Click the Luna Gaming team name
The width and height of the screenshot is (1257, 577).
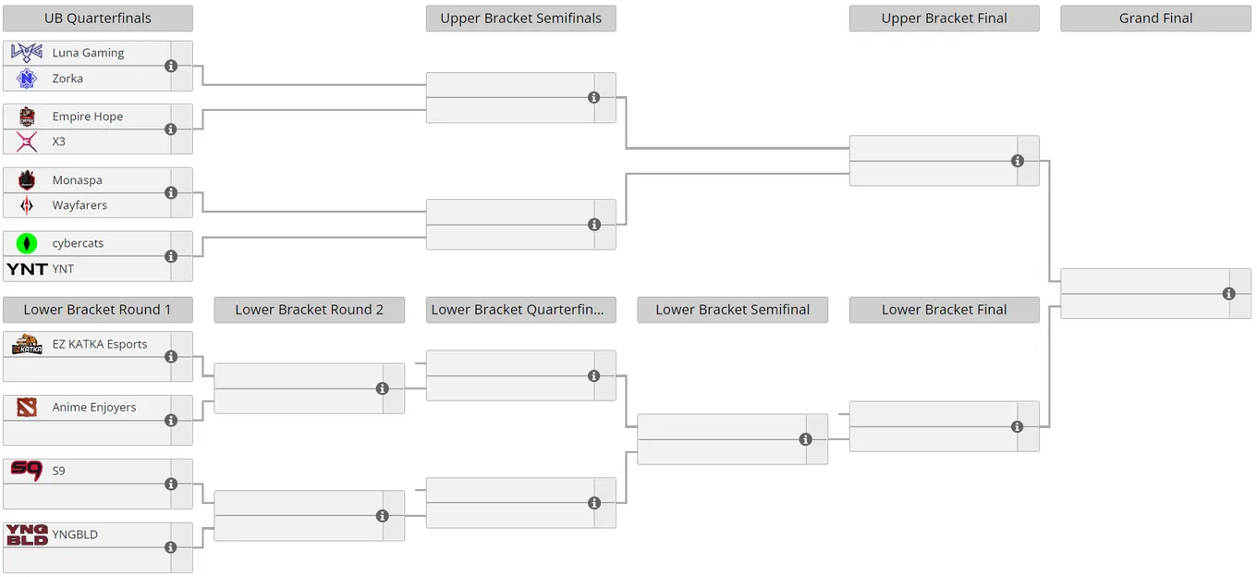[x=88, y=53]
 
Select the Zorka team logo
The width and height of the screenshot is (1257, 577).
[x=27, y=79]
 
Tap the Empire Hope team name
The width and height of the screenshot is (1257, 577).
[x=88, y=117]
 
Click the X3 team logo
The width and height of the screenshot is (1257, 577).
[x=27, y=141]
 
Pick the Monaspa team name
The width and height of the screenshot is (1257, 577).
[x=78, y=180]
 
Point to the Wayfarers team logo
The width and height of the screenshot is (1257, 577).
[x=27, y=205]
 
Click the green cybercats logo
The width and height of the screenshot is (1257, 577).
[x=27, y=243]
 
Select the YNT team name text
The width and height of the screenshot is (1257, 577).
[x=63, y=269]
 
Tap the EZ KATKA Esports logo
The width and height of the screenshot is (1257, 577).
[x=27, y=344]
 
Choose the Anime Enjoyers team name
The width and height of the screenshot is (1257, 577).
[x=94, y=407]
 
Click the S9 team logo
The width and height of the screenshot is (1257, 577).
[x=27, y=471]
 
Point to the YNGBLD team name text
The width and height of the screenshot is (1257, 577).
[x=75, y=534]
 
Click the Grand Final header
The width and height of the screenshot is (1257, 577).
[x=1156, y=18]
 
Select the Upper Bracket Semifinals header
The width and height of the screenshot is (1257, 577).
[x=520, y=18]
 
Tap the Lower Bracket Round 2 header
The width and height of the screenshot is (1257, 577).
[x=310, y=310]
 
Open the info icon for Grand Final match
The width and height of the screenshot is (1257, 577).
[x=1229, y=293]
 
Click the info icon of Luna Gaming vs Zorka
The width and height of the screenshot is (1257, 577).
[x=171, y=67]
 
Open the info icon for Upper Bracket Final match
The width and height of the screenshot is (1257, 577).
[x=1018, y=161]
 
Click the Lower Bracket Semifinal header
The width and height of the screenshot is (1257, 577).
[x=733, y=310]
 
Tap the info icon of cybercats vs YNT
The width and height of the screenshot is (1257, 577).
[x=171, y=256]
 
